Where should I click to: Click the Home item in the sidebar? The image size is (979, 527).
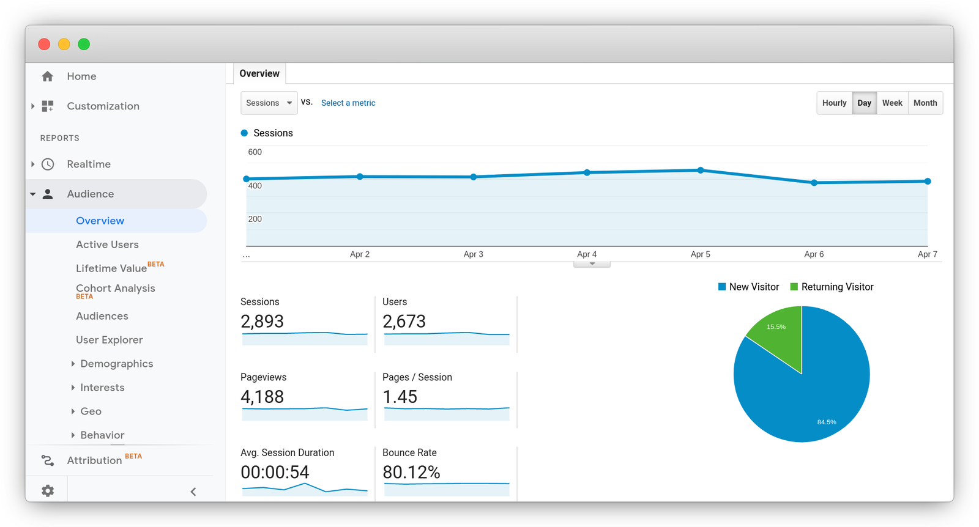(81, 76)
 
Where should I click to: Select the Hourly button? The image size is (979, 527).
(834, 103)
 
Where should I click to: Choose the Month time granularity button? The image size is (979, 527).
(925, 103)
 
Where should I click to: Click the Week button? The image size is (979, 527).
(892, 103)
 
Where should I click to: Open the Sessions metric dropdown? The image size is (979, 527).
(269, 103)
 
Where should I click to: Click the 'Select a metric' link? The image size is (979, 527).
(348, 103)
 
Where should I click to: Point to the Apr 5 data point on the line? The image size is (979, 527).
(701, 171)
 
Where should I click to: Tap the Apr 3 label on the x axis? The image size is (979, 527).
(473, 254)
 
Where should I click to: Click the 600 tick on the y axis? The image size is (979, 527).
(255, 152)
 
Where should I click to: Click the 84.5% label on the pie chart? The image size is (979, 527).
(827, 422)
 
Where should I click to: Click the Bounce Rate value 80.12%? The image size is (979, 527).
(411, 472)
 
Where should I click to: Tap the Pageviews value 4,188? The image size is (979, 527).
(262, 397)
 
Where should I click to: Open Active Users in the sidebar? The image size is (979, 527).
(107, 245)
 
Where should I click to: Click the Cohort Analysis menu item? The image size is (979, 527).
(115, 289)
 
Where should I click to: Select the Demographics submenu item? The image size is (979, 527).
(116, 364)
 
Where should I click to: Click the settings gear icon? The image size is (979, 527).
(48, 491)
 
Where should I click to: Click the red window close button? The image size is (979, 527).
(44, 44)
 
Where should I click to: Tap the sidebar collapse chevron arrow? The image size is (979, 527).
(193, 492)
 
